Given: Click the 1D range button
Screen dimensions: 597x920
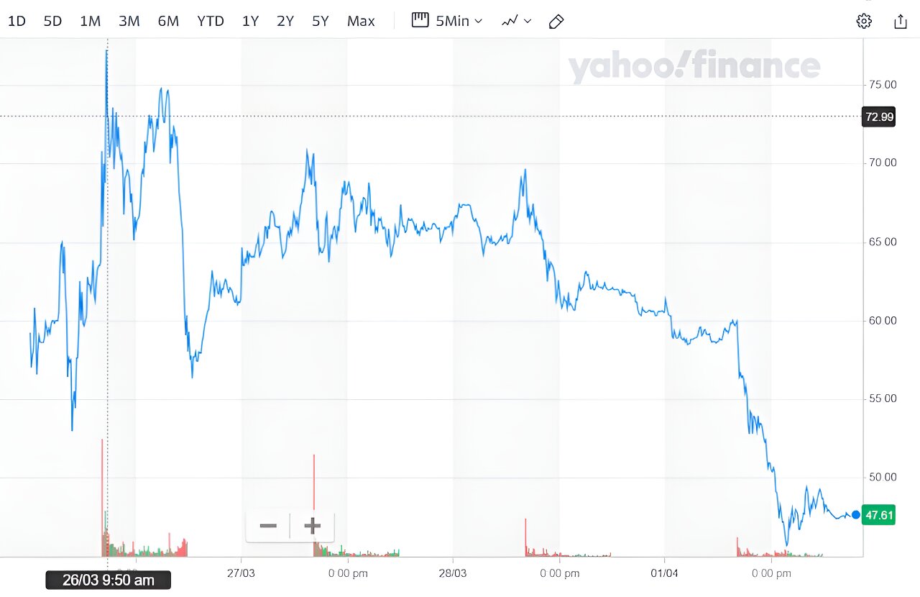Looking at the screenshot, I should click(x=17, y=22).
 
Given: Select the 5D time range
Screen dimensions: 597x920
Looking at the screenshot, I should click(x=53, y=22).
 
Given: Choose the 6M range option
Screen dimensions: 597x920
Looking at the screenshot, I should click(x=168, y=22).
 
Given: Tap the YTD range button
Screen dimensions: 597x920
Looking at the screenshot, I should click(x=211, y=22).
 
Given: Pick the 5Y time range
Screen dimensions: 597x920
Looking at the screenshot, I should click(x=320, y=22).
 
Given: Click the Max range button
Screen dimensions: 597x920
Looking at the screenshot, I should click(x=361, y=22).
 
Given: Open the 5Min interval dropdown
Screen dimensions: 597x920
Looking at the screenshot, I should click(x=447, y=21).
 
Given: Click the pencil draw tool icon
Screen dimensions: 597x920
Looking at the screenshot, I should click(x=556, y=22).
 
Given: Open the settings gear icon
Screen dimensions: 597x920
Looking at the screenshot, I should click(x=864, y=22).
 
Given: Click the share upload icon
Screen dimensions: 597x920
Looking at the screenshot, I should click(x=900, y=22).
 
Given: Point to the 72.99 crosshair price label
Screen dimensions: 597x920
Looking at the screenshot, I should click(x=879, y=117).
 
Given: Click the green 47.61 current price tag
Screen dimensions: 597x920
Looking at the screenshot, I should click(x=879, y=515).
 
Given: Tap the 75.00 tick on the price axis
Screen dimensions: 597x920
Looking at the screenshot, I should click(x=880, y=85).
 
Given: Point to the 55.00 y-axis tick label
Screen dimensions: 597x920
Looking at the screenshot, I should click(x=880, y=398).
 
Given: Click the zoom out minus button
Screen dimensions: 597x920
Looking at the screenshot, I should click(x=268, y=526).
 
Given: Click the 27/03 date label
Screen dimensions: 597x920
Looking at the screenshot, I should click(x=241, y=573).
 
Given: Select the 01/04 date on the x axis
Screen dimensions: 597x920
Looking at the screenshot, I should click(x=664, y=573).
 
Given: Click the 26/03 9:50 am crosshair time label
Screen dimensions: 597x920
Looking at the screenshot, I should click(x=109, y=580).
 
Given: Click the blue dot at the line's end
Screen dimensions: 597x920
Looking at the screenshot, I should click(x=855, y=514).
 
